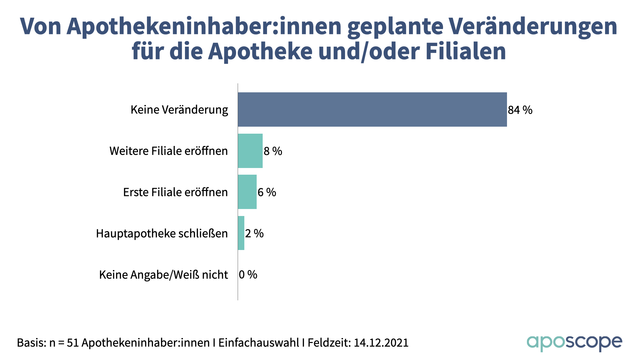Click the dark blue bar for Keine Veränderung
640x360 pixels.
point(372,110)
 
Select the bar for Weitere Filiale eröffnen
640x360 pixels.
point(250,151)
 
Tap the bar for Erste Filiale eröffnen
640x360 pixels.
point(247,192)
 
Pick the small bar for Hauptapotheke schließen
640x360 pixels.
point(241,233)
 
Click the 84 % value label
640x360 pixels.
point(520,110)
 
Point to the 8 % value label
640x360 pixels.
point(273,151)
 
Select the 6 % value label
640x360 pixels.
point(267,192)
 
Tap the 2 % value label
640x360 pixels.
point(254,233)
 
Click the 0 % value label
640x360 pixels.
point(248,275)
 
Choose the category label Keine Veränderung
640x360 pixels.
point(179,110)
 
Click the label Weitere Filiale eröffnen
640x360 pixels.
point(169,151)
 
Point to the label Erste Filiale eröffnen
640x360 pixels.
point(175,192)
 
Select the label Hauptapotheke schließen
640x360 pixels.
point(162,233)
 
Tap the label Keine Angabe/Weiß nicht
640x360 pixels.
point(164,275)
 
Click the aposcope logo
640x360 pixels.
point(574,343)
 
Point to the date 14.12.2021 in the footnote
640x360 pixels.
point(381,343)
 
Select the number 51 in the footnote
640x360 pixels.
point(73,343)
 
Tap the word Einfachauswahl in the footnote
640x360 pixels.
point(259,343)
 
